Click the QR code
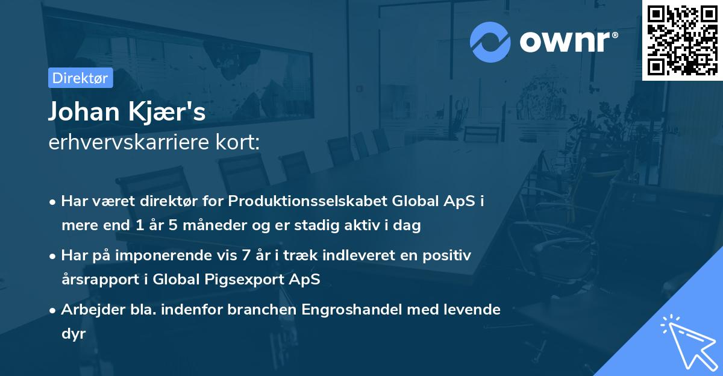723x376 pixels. click(x=682, y=40)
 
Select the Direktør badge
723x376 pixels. click(x=80, y=78)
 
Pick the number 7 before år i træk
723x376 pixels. click(x=245, y=255)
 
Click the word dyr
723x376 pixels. click(x=74, y=334)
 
